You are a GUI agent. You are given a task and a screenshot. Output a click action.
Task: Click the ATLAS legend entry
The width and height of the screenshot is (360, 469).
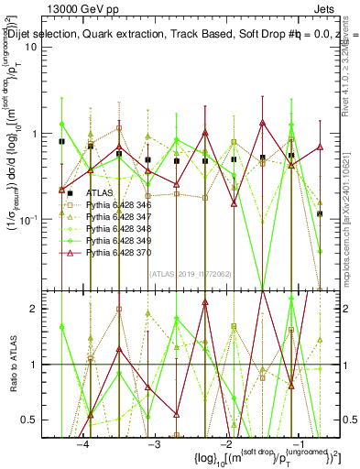[102, 193]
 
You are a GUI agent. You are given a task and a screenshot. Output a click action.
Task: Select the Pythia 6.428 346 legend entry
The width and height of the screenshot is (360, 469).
[118, 206]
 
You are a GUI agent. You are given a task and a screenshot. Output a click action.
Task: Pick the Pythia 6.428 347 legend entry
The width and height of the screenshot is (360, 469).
[118, 217]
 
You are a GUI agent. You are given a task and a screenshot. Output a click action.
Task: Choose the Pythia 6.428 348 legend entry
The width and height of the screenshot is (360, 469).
[118, 228]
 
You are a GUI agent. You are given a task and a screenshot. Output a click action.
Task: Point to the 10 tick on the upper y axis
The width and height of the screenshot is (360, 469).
[42, 48]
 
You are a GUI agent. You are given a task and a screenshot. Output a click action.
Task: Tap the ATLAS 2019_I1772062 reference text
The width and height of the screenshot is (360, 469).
[184, 272]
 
